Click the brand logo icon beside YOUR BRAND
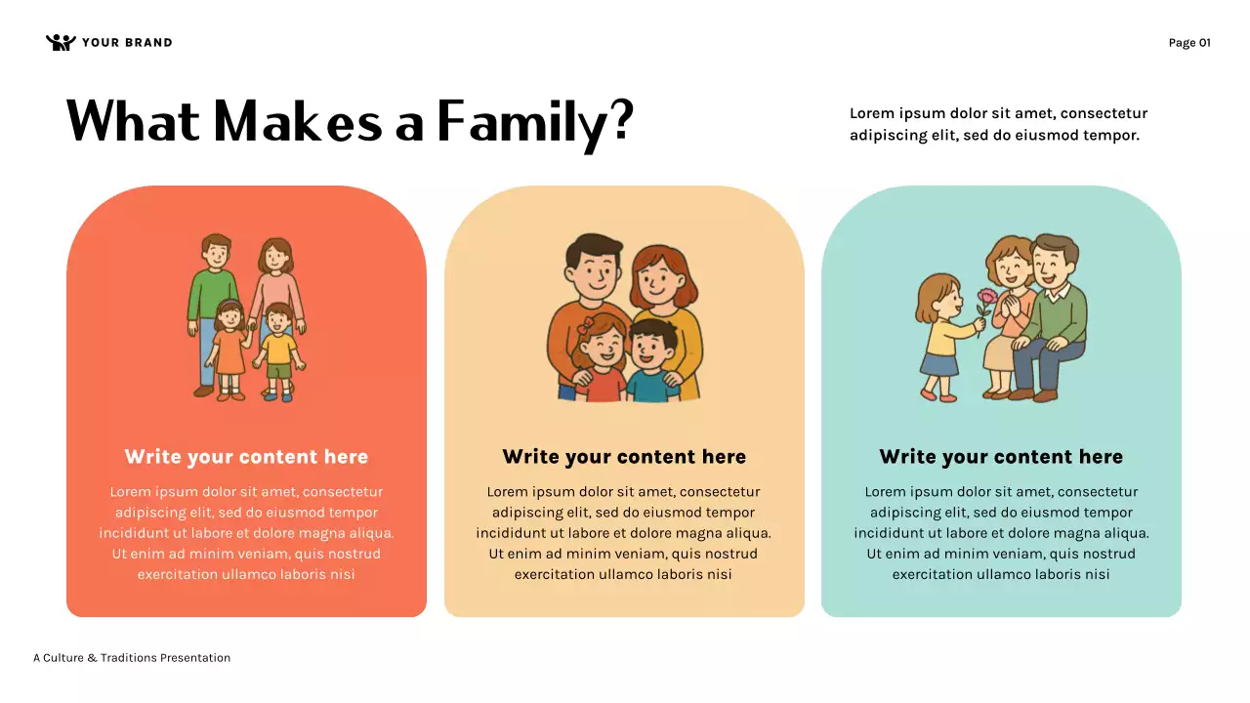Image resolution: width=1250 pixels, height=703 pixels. [x=61, y=42]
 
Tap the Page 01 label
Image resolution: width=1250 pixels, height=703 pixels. [x=1189, y=42]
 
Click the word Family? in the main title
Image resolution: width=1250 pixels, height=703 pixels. [x=535, y=123]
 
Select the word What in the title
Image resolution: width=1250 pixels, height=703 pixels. [x=133, y=121]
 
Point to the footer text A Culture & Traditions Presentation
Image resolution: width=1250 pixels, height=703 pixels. [x=132, y=658]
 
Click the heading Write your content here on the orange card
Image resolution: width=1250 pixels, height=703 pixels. [x=246, y=457]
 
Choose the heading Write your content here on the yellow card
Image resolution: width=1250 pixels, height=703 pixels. [x=624, y=457]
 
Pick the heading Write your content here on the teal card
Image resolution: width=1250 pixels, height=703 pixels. [x=1001, y=457]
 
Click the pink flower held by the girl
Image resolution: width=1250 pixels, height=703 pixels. [x=987, y=297]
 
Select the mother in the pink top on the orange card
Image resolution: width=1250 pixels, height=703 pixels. [x=276, y=283]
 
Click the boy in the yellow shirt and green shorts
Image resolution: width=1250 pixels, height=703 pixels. [x=279, y=351]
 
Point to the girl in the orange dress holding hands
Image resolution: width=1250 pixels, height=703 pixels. [x=229, y=350]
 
